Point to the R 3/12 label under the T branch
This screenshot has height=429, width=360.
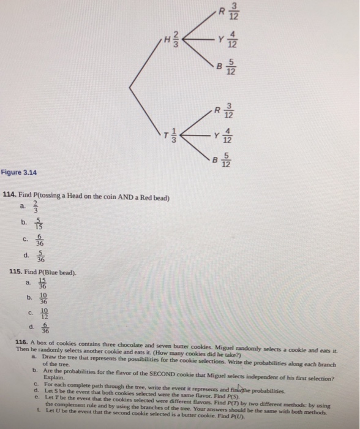[223, 110]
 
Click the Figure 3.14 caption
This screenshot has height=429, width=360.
[20, 173]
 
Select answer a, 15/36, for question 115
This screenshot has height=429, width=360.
[39, 283]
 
